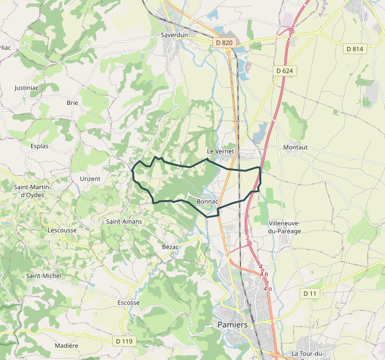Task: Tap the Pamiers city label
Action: click(232, 325)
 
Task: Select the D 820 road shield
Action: click(225, 43)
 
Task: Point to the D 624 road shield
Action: click(284, 71)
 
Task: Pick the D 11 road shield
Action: click(311, 293)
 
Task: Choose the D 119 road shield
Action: click(123, 340)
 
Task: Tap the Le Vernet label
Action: click(220, 151)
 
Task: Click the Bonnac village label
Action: click(207, 201)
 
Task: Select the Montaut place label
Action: click(295, 148)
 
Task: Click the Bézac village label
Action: click(170, 247)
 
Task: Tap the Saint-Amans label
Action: click(124, 221)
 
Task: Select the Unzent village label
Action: click(90, 179)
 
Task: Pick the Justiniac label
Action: click(27, 88)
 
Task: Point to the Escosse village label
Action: click(128, 303)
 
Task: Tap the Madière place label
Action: click(67, 345)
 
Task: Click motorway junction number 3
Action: click(247, 238)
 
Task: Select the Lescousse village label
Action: click(62, 231)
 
